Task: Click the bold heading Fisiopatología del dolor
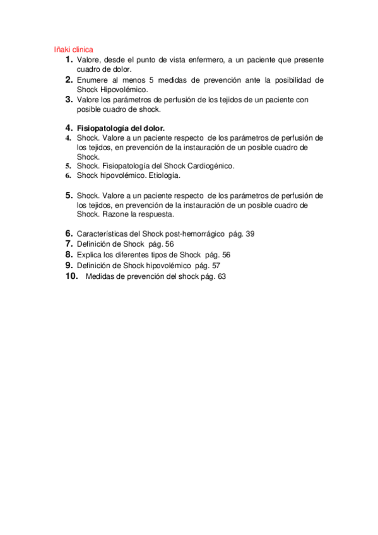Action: coord(121,127)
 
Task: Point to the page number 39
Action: coord(251,234)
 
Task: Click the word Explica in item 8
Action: coord(90,254)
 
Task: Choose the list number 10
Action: coord(71,276)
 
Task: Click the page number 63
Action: coord(221,276)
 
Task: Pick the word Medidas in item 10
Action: coord(100,276)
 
